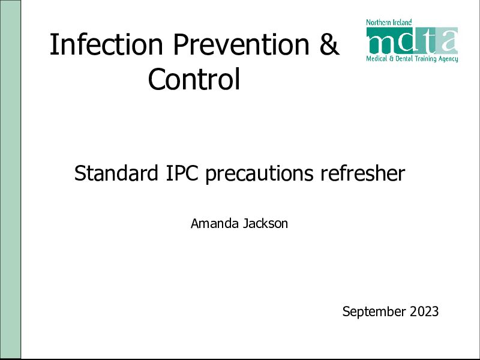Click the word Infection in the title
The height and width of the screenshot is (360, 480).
[106, 44]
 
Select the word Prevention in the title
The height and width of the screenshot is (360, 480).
[242, 44]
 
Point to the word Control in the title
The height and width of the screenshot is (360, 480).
[194, 79]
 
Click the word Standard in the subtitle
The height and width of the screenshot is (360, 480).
[116, 173]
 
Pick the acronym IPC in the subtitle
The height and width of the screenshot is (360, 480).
[182, 173]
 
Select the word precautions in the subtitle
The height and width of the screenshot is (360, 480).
[259, 174]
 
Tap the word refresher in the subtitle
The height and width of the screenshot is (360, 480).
[363, 173]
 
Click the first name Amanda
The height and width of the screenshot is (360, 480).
[215, 223]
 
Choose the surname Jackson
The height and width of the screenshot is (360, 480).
[265, 223]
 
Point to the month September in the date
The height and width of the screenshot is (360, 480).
[374, 312]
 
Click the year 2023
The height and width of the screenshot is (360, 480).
[424, 311]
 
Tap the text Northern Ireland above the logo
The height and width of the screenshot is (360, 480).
[389, 22]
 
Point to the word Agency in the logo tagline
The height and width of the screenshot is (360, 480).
[448, 59]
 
